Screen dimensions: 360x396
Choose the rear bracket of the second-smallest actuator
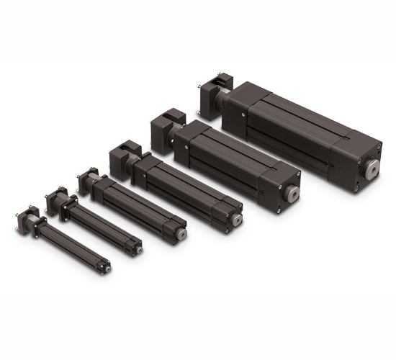click(57, 199)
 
